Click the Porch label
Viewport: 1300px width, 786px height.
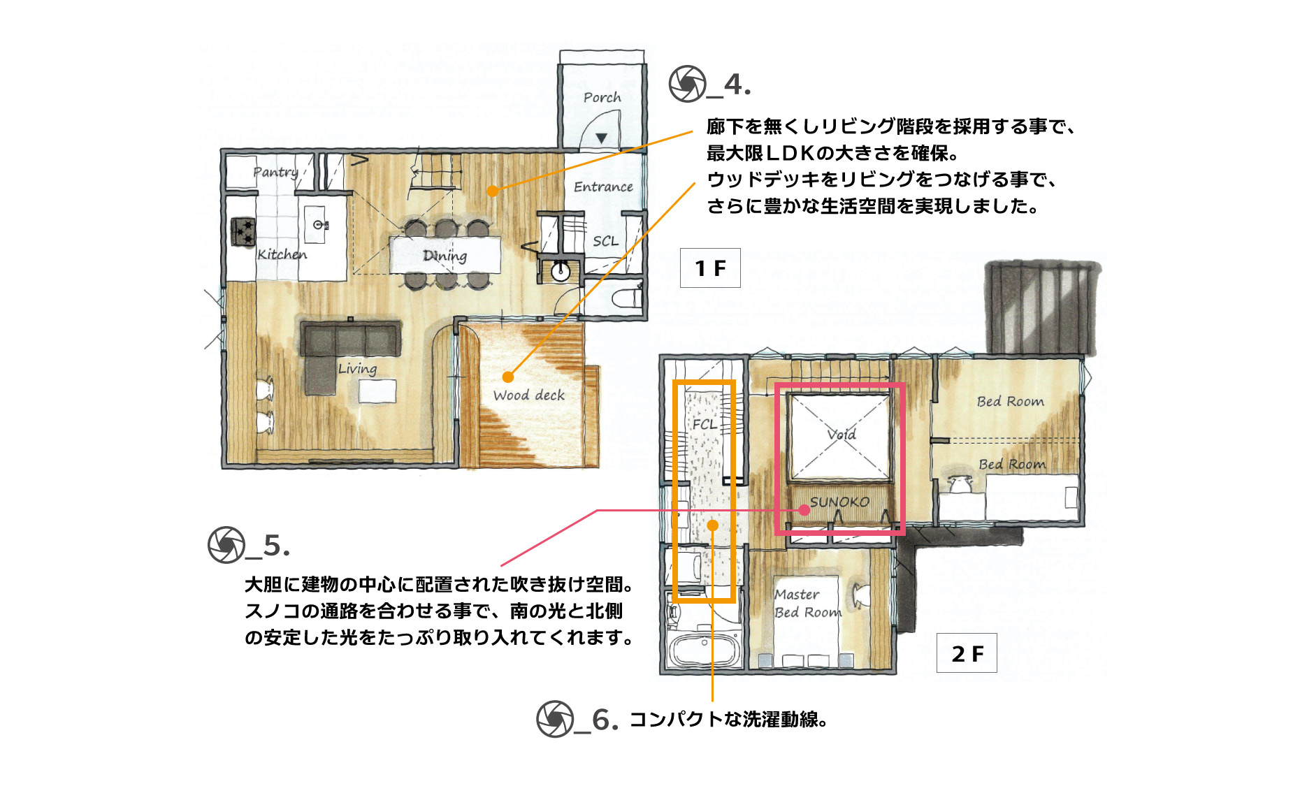602,97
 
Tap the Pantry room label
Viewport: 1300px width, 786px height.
275,172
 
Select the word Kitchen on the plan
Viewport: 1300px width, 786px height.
282,254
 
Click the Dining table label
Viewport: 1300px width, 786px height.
445,256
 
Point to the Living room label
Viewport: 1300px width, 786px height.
357,368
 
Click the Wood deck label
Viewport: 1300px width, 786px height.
528,395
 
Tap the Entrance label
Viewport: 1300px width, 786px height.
603,187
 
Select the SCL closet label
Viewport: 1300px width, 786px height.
605,241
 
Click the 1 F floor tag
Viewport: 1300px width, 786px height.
710,268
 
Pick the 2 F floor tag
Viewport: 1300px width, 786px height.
967,653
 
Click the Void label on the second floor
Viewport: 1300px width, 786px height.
842,434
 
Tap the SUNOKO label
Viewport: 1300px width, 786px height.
839,502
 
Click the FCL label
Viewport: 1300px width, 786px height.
705,424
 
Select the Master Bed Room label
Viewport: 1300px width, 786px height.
807,604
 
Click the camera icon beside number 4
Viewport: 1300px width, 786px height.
687,84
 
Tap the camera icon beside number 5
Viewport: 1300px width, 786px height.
226,545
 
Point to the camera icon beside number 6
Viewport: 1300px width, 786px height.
555,719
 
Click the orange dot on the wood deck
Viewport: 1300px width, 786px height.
508,377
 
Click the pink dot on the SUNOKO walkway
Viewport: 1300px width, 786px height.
804,510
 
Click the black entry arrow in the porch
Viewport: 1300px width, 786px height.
601,138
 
